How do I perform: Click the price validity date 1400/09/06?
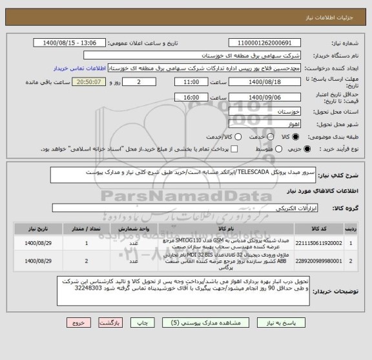pyautogui.click(x=264, y=97)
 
